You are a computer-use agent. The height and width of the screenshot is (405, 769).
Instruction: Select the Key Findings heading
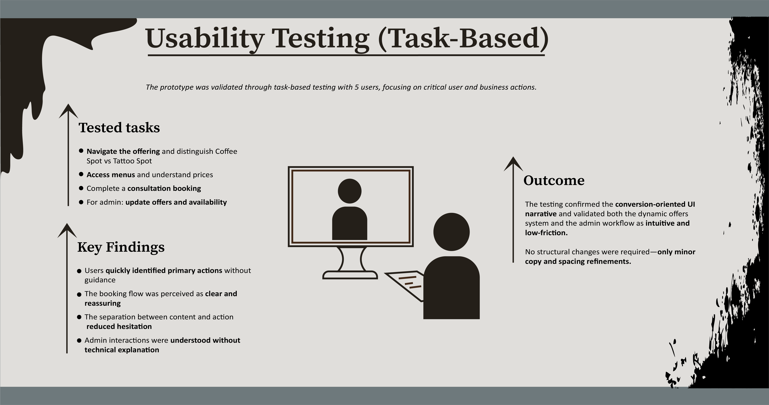click(121, 247)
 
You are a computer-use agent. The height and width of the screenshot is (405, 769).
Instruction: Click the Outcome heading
click(554, 180)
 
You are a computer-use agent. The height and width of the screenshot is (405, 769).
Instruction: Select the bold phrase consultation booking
click(164, 188)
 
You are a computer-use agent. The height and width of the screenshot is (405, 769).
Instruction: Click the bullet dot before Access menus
click(81, 174)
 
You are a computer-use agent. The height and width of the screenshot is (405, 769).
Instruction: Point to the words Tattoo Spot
click(132, 161)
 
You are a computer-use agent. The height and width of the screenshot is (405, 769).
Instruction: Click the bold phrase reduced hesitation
click(119, 326)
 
